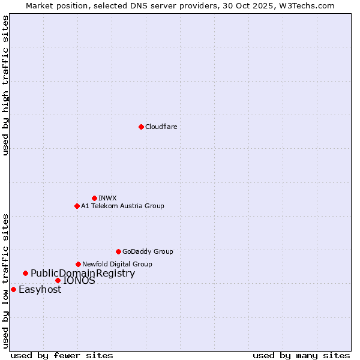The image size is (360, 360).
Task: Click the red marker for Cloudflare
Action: (141, 127)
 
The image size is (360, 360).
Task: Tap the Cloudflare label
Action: (161, 127)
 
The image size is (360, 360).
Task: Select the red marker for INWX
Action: (94, 198)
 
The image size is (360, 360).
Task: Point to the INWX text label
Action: (107, 198)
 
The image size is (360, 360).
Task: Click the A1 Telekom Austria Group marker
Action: (77, 206)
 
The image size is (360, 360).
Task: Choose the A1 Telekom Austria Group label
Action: (122, 206)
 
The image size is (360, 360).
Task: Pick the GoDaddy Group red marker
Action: (118, 251)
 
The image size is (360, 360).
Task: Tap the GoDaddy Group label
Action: (147, 251)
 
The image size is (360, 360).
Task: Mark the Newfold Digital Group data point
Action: (78, 264)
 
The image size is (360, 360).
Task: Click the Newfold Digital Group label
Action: (117, 264)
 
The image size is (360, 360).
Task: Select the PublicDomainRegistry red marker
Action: (25, 274)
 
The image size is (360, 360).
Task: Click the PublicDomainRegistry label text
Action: (83, 274)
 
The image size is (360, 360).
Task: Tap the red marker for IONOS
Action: (58, 280)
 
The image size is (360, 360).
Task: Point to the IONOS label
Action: (79, 280)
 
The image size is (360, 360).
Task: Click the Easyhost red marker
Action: (13, 289)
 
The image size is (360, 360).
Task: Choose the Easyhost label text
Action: (40, 290)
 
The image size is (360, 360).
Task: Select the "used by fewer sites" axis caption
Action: (62, 355)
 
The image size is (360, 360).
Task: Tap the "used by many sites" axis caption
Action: (301, 355)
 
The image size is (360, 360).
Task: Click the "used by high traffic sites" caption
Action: (5, 85)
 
